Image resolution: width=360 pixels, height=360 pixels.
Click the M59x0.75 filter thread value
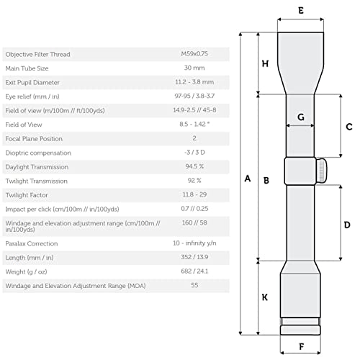(x=194, y=54)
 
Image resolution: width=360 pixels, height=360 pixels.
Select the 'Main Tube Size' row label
(x=27, y=68)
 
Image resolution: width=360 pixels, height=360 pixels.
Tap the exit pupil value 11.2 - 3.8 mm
(x=194, y=82)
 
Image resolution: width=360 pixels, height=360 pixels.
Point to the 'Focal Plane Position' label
(x=34, y=139)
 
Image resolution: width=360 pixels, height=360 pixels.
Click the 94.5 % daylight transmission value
(x=194, y=166)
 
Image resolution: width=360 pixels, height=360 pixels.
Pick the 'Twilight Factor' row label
(x=27, y=195)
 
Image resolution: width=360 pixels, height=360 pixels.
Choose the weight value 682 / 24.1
(x=194, y=271)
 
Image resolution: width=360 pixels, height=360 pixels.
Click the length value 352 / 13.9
(x=194, y=257)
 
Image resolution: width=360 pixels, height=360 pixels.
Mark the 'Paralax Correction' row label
(x=32, y=243)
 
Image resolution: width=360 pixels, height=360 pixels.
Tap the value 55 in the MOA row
(x=194, y=285)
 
